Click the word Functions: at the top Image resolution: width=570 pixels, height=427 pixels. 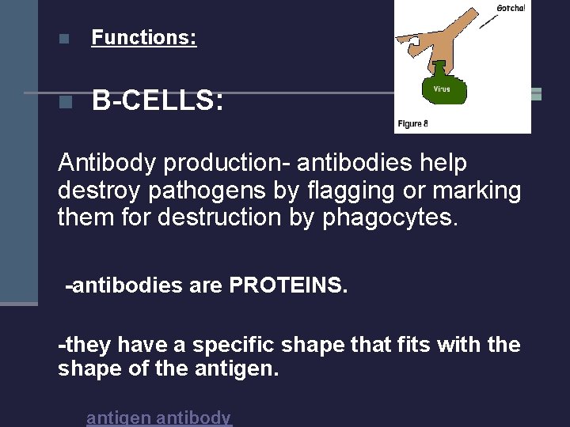click(x=144, y=37)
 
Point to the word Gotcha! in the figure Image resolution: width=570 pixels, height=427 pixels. click(x=511, y=9)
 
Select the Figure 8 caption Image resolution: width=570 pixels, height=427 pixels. click(x=412, y=123)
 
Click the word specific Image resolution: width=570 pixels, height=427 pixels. click(x=243, y=345)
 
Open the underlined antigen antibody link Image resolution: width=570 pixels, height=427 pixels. click(x=158, y=418)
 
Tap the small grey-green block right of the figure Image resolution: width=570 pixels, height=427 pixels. click(x=536, y=94)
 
